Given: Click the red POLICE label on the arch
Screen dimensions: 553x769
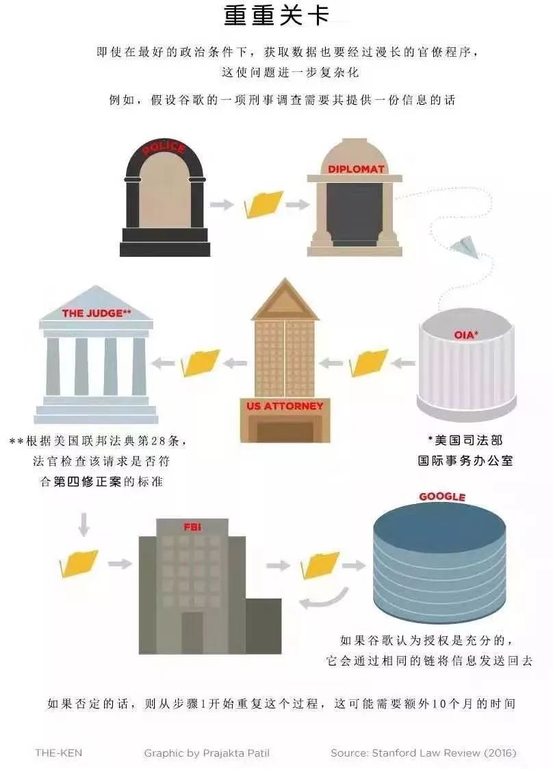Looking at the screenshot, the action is coord(164,147).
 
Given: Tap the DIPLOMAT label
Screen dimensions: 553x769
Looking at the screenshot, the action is coord(356,169).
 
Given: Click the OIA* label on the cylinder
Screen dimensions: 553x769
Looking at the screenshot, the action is coord(465,335).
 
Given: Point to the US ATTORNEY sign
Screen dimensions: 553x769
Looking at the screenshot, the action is coord(285,406).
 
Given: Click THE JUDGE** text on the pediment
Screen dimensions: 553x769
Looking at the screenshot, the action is coord(97,313).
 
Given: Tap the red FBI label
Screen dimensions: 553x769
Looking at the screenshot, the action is coord(192,527).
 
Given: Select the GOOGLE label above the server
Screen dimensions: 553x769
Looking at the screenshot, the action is coord(441,496).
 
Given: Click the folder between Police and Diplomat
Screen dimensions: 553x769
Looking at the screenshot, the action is coord(263,204).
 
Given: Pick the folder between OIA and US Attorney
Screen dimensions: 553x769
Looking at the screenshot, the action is coord(369,363).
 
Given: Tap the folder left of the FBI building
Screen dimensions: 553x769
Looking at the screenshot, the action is coord(79,564).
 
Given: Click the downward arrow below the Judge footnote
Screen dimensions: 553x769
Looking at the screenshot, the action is coord(83,525).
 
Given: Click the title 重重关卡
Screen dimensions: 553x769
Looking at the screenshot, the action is coord(276,16).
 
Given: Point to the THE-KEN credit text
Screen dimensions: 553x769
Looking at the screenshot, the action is coord(59,753).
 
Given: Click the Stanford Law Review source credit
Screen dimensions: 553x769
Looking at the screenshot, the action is coord(424,753).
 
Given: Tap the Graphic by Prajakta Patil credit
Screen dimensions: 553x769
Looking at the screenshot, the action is coord(207,753).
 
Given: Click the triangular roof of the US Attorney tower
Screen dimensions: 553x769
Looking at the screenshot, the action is coord(285,300).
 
